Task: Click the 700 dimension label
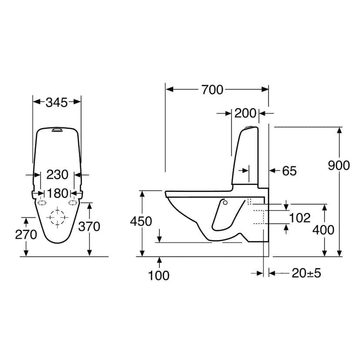click(212, 90)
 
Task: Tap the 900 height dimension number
click(339, 166)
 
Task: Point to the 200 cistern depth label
click(245, 113)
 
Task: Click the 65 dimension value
click(289, 171)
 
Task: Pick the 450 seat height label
click(141, 221)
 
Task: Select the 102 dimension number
click(300, 217)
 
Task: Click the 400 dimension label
click(323, 230)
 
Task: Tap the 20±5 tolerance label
click(306, 273)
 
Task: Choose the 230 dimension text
click(57, 175)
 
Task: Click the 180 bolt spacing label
click(57, 192)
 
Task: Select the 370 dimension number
click(89, 227)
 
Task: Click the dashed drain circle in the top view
click(57, 217)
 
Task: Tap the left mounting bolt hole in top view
click(42, 203)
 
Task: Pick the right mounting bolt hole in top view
click(72, 203)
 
